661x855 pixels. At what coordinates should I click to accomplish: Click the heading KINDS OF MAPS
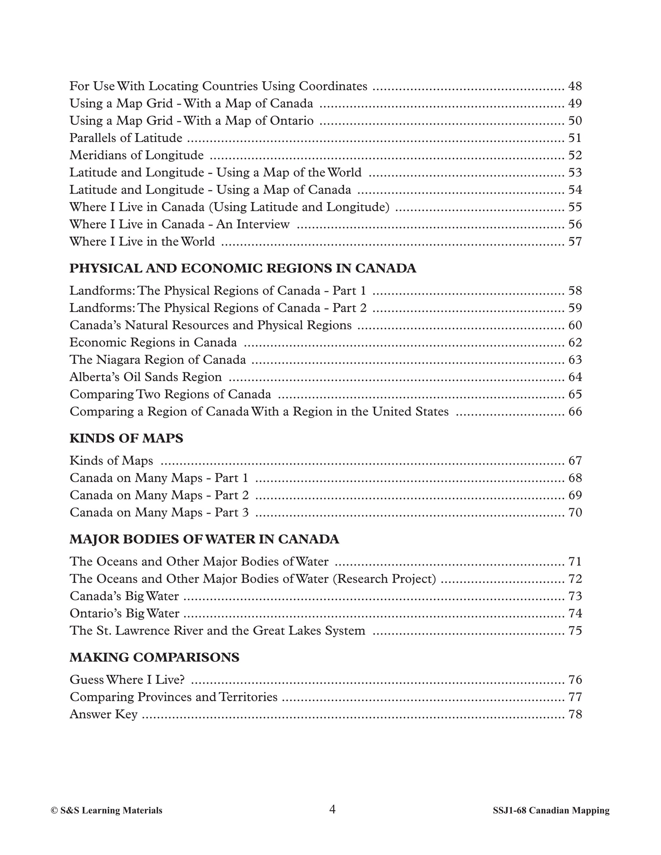tap(126, 438)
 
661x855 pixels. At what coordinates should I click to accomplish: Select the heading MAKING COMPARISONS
tap(154, 657)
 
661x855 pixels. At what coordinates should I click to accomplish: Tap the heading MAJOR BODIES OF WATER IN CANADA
tap(204, 539)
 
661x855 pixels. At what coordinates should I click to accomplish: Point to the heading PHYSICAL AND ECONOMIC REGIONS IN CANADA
tap(243, 268)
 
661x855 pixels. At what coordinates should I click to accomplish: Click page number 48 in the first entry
tap(575, 86)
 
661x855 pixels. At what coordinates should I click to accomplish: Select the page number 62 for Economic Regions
tap(575, 343)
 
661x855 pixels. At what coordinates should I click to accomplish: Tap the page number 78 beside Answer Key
tap(575, 714)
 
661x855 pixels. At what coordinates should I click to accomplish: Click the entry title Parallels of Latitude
tap(126, 138)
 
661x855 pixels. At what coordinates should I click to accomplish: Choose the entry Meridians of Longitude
tap(136, 156)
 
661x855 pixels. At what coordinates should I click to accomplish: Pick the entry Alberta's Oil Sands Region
tap(146, 377)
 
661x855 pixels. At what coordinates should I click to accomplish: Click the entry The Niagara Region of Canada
tap(158, 360)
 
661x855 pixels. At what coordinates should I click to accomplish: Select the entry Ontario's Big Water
tap(125, 613)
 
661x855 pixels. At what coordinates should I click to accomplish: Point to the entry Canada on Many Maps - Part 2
tap(159, 495)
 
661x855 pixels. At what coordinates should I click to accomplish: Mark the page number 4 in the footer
tap(332, 809)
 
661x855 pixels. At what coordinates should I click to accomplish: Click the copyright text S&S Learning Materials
tap(107, 811)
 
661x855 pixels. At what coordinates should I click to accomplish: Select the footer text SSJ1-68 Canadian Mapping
tap(551, 811)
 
